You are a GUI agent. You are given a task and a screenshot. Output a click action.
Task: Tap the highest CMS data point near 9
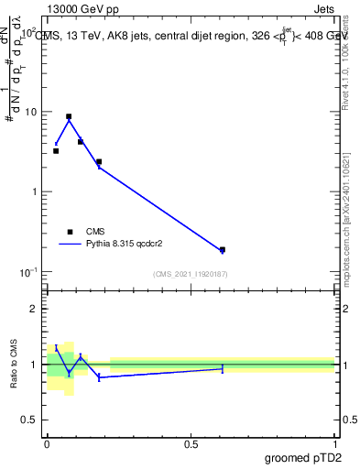(x=69, y=116)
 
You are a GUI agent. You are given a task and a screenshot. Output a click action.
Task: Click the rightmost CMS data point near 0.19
(x=223, y=249)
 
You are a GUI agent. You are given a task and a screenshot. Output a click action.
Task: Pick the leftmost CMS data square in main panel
(x=56, y=151)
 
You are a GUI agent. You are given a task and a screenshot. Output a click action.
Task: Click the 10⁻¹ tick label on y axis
(x=30, y=272)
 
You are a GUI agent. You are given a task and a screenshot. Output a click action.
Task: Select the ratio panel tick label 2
(x=34, y=309)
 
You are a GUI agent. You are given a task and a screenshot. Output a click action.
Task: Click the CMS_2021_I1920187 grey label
(x=191, y=274)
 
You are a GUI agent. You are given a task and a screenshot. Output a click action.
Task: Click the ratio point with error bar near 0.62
(x=223, y=368)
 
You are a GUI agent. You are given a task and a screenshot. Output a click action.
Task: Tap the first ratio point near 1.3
(x=56, y=348)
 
